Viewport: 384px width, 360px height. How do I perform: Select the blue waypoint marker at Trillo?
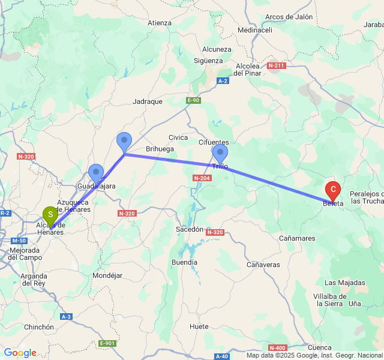(220, 153)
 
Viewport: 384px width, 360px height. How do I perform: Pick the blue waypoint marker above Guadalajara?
(96, 173)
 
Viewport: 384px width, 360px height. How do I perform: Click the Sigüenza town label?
(208, 61)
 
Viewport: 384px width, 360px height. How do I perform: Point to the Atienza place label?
(160, 23)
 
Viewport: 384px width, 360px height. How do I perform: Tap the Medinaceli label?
(255, 30)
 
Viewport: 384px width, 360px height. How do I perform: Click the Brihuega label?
(160, 149)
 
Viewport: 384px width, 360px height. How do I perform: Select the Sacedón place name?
(190, 229)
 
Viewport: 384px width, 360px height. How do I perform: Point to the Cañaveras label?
(263, 265)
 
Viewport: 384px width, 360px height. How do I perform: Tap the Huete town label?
(199, 326)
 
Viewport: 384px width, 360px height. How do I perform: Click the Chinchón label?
(39, 327)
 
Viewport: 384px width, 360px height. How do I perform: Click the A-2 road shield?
(223, 80)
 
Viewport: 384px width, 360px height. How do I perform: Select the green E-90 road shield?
(193, 100)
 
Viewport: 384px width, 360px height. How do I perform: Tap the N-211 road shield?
(276, 65)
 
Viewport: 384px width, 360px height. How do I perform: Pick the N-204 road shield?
(201, 178)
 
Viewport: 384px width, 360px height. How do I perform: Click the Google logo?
(20, 353)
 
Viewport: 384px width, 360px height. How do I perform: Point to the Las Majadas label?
(344, 283)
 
